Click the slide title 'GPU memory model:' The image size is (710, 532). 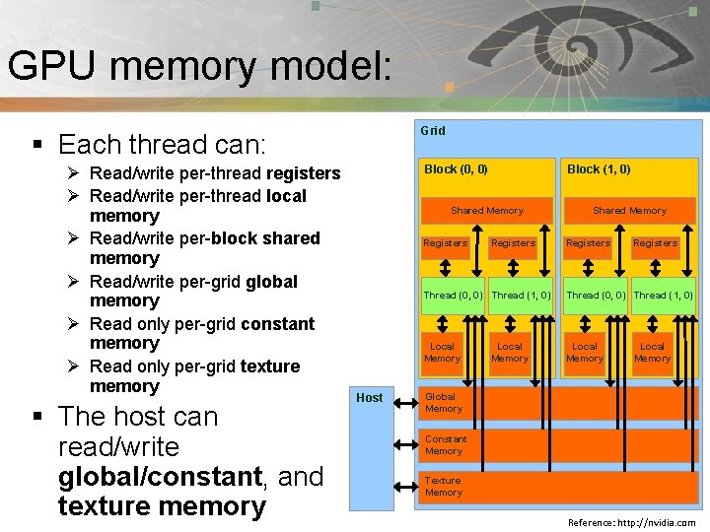200,67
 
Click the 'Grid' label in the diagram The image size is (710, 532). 433,131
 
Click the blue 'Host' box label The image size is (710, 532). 370,398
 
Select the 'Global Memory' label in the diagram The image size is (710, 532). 443,402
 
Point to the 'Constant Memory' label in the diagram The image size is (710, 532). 444,444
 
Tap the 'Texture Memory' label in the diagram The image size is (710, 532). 443,487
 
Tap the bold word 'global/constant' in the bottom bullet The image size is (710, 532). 160,477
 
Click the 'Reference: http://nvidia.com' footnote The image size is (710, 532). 631,523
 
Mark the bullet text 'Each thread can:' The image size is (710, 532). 163,145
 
